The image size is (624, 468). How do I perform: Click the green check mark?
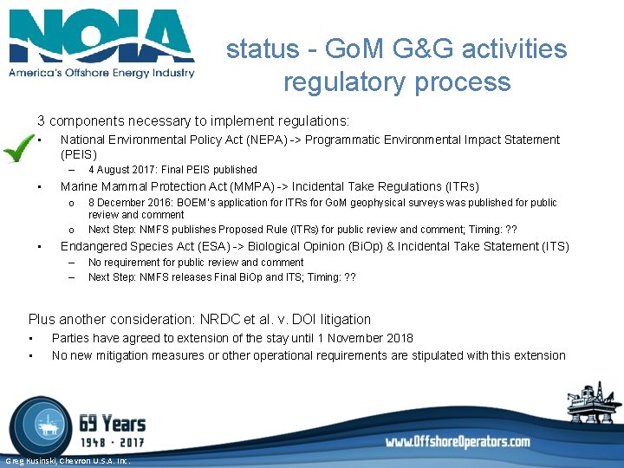click(x=18, y=149)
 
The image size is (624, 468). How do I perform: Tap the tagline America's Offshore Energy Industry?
click(x=101, y=73)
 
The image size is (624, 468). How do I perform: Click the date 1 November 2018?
click(x=363, y=338)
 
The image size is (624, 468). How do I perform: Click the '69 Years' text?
click(x=112, y=423)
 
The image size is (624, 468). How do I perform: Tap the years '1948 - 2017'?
click(x=111, y=442)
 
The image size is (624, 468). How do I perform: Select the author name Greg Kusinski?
click(x=33, y=461)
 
